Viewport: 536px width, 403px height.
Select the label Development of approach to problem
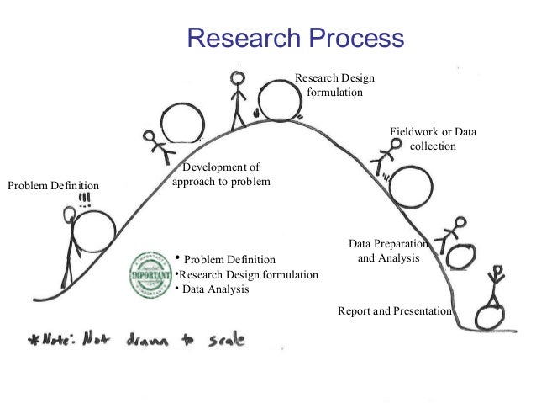coord(221,174)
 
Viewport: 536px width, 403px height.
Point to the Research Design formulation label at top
coord(335,85)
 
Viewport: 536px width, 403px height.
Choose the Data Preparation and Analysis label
coord(388,252)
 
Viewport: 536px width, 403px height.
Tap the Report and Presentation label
coord(395,310)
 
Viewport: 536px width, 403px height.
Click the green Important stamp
coord(149,273)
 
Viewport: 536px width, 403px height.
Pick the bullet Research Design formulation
coord(247,274)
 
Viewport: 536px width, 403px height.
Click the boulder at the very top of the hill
coord(281,99)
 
